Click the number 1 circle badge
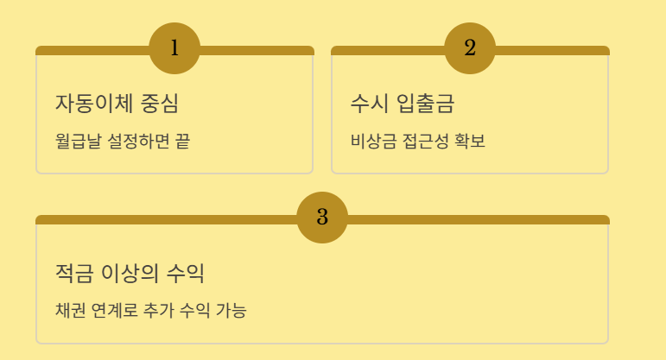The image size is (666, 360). [174, 48]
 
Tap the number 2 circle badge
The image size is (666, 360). [470, 48]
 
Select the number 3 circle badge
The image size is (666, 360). [322, 218]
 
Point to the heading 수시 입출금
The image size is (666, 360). [403, 104]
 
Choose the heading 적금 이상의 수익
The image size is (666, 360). [130, 274]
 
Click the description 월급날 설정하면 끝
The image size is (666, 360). [122, 140]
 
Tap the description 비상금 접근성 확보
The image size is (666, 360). [418, 140]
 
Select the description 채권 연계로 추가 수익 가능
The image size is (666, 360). [150, 310]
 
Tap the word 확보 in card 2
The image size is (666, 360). [470, 140]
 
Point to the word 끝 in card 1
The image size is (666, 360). [182, 140]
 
